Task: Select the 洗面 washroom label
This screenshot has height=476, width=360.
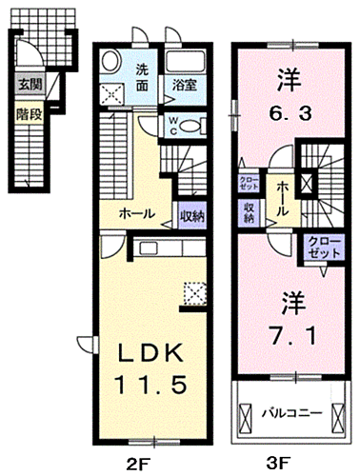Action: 140,75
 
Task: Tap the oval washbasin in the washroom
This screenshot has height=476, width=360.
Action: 111,65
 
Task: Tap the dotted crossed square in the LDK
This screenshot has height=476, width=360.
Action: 193,290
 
